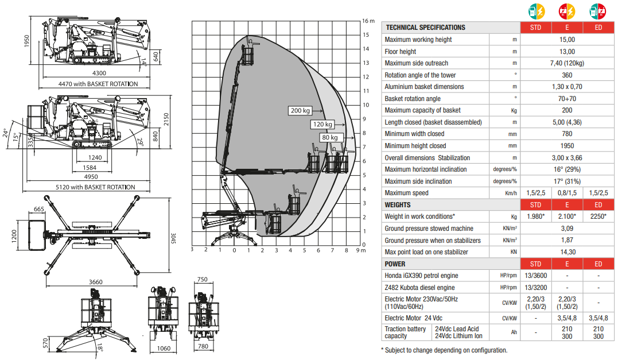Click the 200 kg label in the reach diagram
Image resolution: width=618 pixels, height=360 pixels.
[x=300, y=111]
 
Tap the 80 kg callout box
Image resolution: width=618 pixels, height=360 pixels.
[x=329, y=137]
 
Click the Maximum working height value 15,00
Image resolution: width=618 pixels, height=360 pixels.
[x=567, y=40]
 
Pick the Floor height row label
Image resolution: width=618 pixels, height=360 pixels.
[x=401, y=52]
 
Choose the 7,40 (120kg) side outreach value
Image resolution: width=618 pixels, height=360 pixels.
[x=567, y=63]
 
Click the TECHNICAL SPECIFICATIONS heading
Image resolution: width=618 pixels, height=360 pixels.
[x=425, y=28]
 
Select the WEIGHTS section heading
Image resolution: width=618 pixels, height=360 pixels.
[x=398, y=205]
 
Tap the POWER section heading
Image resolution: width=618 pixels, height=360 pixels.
[x=395, y=264]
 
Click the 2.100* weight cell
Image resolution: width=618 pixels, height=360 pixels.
[x=567, y=216]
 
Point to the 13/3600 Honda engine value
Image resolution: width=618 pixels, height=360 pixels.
[x=535, y=276]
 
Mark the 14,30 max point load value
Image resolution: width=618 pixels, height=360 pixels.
[x=567, y=252]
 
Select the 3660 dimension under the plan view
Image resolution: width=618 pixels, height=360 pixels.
[x=96, y=282]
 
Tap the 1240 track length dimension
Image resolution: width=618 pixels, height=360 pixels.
[x=95, y=157]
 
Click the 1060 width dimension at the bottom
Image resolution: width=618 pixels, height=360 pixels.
[x=164, y=348]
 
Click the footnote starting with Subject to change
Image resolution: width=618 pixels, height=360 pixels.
[x=444, y=350]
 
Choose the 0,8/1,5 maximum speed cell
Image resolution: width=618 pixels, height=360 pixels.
[x=567, y=193]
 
